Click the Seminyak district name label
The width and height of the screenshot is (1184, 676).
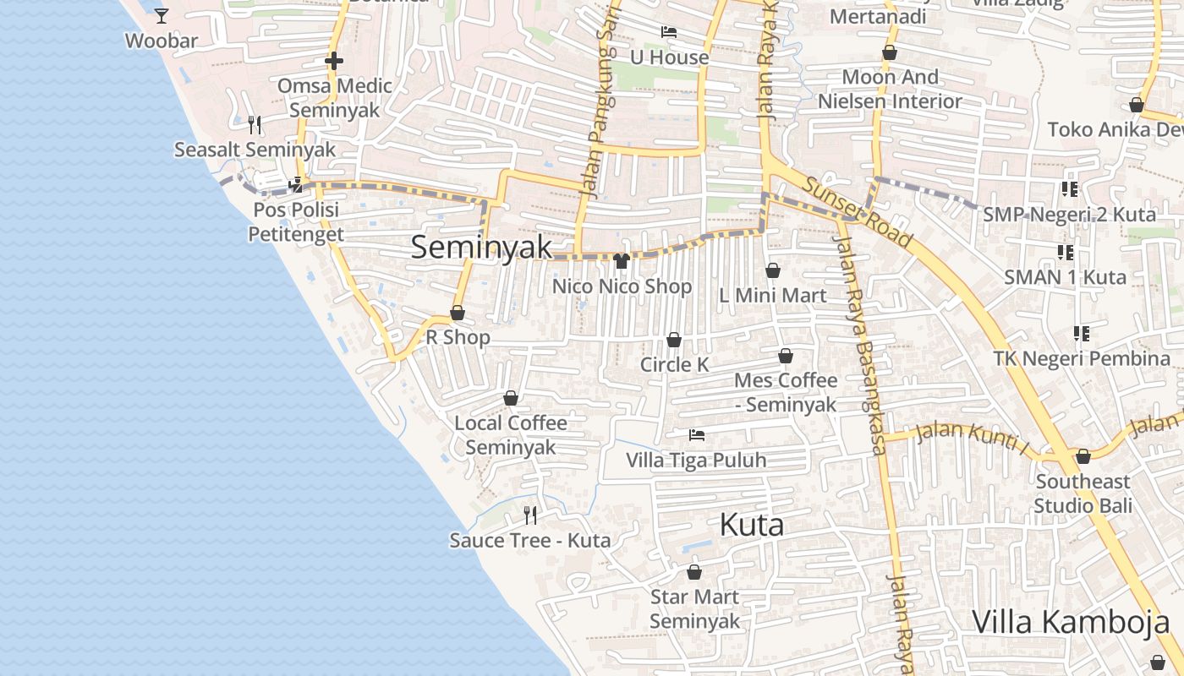(481, 248)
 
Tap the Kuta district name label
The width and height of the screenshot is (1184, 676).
(751, 525)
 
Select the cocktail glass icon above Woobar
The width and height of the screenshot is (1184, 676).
(162, 15)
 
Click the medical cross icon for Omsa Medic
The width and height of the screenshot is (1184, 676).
(334, 61)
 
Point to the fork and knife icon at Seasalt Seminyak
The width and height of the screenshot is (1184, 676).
(255, 125)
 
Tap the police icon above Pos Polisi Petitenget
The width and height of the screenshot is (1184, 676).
(296, 184)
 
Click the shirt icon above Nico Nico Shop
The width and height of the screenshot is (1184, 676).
(622, 261)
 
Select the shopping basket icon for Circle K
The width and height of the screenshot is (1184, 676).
(674, 340)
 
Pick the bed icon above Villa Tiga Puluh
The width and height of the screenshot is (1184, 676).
(697, 435)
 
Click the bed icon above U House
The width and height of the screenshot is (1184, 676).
(669, 32)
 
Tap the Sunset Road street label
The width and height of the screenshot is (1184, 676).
(858, 212)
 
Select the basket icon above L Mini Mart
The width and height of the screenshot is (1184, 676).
(772, 270)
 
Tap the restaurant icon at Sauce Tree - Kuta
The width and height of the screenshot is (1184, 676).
(530, 515)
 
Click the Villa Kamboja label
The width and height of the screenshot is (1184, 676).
(1071, 621)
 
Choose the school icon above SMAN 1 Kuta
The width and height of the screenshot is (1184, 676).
(1066, 252)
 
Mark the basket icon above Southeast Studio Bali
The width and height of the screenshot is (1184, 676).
(1083, 456)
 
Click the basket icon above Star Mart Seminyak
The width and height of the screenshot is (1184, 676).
(694, 572)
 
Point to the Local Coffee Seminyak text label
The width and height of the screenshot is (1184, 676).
(511, 434)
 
